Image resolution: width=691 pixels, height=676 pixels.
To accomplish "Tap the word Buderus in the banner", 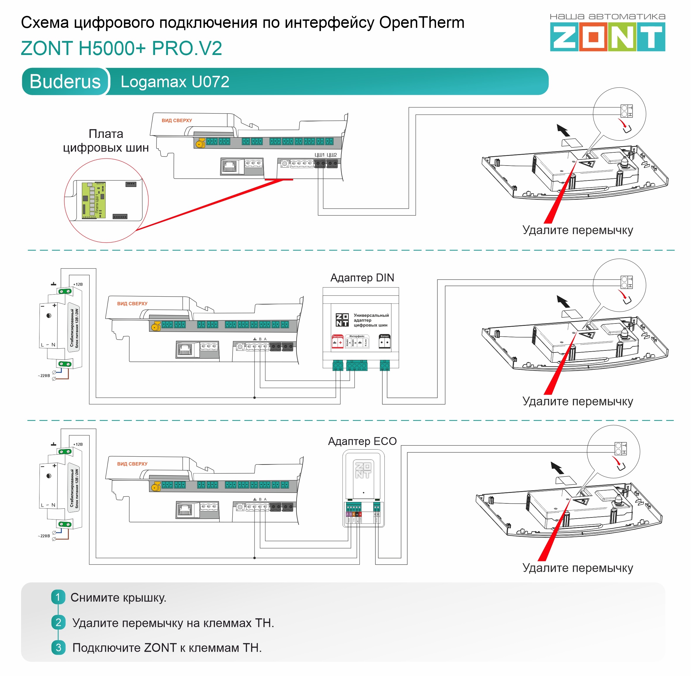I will (65, 81).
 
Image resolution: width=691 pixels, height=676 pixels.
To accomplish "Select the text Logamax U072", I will (175, 82).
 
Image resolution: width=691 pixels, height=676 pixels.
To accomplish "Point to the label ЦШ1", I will (319, 155).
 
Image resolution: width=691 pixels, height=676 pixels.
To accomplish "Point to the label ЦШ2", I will (332, 155).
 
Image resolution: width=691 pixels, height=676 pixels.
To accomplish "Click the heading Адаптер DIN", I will (362, 278).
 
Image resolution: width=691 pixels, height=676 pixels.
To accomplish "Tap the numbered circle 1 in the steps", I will (58, 597).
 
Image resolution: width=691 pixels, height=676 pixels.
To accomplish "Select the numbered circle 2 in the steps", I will (58, 622).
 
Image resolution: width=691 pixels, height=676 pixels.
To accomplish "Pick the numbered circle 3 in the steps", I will (58, 647).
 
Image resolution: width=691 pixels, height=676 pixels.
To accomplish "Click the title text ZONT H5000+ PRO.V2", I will (121, 48).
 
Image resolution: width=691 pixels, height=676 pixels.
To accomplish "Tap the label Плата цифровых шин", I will (106, 141).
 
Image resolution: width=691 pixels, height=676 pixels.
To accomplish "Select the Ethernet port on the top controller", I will (229, 166).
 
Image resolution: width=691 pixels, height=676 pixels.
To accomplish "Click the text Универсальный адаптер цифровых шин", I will (370, 320).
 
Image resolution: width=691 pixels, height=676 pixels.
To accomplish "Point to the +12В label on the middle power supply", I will (78, 284).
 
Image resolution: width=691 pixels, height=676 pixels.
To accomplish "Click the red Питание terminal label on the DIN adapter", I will (337, 336).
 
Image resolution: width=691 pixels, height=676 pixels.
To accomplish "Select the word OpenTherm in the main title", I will (422, 23).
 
